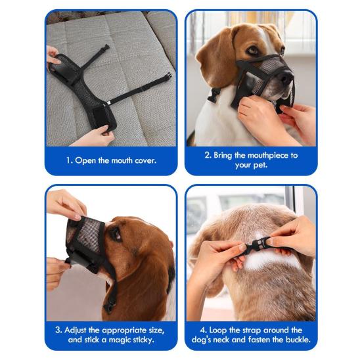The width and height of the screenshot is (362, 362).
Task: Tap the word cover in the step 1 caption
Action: point(142,160)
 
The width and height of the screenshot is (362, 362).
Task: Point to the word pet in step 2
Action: point(261,166)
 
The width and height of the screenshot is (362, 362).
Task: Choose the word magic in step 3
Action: point(120,340)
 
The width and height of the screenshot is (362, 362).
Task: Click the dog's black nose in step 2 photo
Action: point(284,78)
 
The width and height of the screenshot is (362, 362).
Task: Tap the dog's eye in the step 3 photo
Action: point(116,233)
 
